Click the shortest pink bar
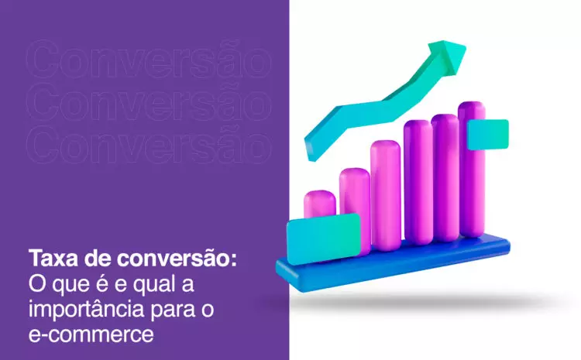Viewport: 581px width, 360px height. point(319,204)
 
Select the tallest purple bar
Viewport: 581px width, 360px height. point(472,170)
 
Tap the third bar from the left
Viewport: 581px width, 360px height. point(385,195)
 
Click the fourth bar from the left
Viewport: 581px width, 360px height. point(418,182)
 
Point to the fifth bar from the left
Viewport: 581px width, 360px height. point(445,178)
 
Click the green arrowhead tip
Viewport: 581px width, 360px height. point(466,46)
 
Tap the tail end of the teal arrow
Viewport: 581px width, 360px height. point(311,152)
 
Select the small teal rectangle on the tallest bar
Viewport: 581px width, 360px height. point(487,135)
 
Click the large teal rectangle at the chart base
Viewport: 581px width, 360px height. point(324,239)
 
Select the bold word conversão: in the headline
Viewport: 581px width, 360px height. point(177,258)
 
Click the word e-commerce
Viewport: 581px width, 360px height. point(91,334)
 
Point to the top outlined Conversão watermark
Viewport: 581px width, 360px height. point(149,60)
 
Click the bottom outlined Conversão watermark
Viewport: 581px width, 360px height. point(149,145)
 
